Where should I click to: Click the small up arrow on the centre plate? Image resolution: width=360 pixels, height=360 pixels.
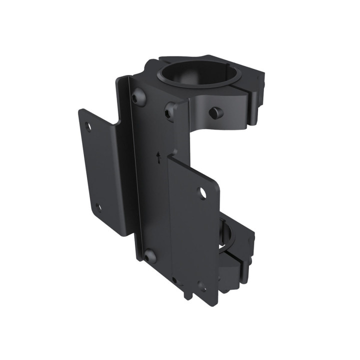[x=158, y=158]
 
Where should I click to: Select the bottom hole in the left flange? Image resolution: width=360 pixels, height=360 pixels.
[x=98, y=207]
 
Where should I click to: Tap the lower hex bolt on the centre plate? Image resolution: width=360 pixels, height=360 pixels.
[x=149, y=257]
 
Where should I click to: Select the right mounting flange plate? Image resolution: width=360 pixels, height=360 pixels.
[x=192, y=230]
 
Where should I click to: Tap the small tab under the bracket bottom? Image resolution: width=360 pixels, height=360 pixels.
[x=187, y=295]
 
